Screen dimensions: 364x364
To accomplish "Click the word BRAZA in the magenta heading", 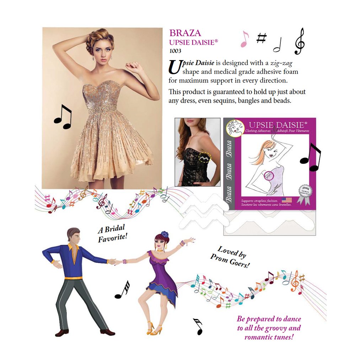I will coord(185,33).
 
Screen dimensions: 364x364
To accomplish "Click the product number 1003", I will coord(175,50).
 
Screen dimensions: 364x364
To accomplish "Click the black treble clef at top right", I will coord(300,41).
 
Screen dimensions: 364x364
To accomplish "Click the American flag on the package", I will coord(287,200).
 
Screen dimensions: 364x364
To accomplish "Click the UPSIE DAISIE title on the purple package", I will coord(277,125).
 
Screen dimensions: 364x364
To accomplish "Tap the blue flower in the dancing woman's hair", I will coord(164,234).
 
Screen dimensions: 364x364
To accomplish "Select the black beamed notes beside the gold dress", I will coord(63,116).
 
